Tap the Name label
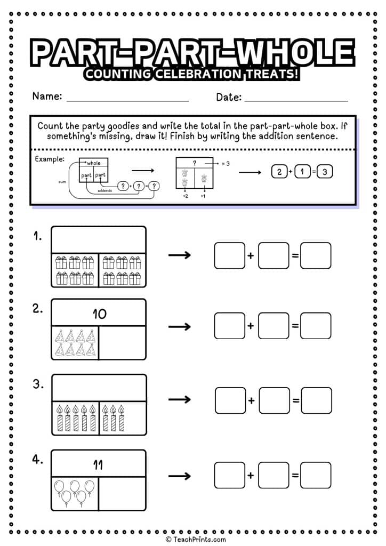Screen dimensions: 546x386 click(x=47, y=97)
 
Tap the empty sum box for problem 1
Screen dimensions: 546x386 click(x=316, y=256)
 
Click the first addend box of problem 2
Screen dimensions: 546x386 click(x=230, y=326)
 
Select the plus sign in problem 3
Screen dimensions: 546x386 click(x=251, y=400)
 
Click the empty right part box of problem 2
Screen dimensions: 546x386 click(x=123, y=343)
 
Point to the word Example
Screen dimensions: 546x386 click(x=49, y=159)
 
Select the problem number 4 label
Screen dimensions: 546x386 click(x=38, y=459)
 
